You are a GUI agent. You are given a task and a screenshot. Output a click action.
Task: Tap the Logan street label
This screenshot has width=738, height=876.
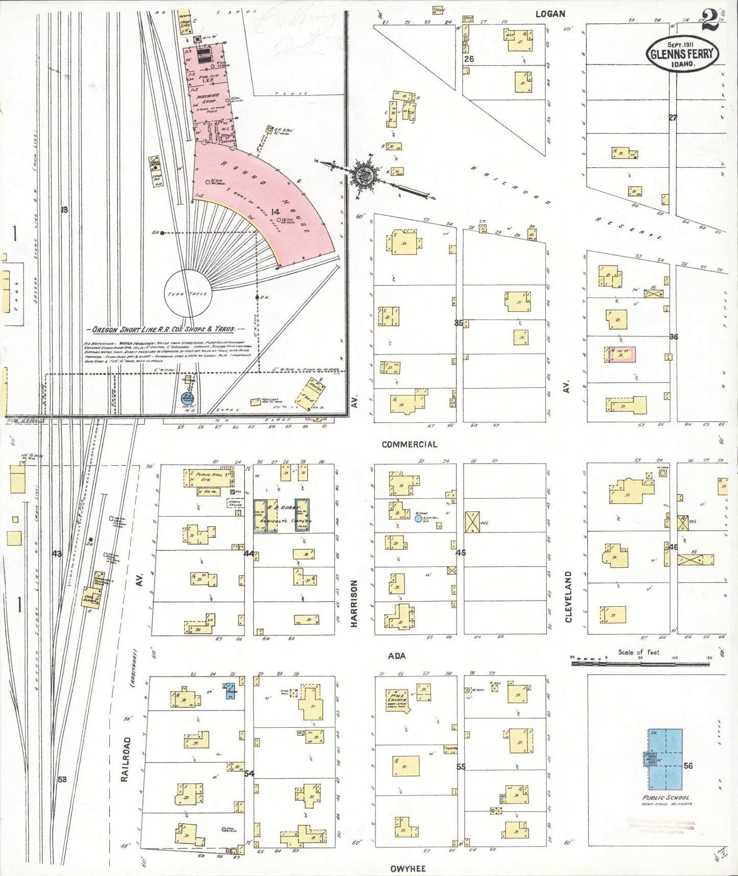(550, 14)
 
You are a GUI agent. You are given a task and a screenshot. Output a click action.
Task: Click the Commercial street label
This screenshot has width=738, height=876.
(409, 445)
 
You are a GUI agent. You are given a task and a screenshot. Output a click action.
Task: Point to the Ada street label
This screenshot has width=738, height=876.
(396, 656)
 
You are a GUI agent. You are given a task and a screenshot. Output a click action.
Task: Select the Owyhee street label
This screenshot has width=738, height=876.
(408, 868)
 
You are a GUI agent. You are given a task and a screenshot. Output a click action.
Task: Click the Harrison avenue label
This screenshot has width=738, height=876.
(354, 603)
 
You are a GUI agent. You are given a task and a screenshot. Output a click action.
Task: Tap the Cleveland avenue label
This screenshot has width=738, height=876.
(568, 596)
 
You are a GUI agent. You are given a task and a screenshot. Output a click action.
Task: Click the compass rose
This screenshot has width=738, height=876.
(365, 175)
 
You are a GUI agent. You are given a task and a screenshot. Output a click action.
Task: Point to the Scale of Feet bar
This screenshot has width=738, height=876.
(639, 663)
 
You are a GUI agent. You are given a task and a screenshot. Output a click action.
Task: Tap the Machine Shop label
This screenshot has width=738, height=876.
(208, 98)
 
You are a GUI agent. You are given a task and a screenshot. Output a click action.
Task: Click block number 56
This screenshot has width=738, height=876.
(688, 766)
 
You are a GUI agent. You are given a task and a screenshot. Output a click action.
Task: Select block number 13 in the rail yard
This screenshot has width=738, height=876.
(64, 210)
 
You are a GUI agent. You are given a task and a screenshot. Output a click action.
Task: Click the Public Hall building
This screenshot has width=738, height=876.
(208, 477)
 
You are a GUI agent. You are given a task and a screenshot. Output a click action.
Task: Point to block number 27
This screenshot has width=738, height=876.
(673, 118)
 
